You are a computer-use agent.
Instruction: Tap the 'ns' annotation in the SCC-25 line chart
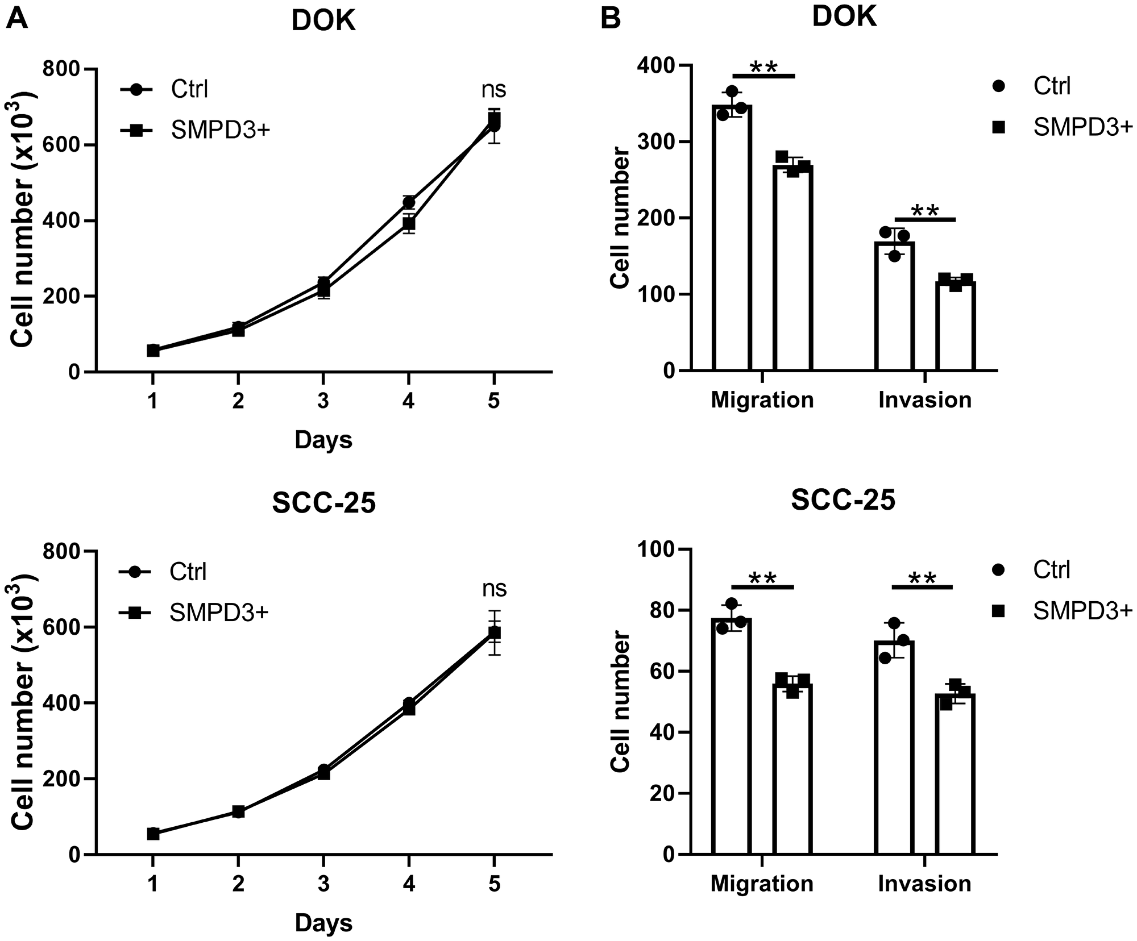tap(494, 589)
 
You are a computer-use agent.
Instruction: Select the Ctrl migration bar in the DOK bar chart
tap(732, 239)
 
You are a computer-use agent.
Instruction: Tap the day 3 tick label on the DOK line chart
tap(323, 402)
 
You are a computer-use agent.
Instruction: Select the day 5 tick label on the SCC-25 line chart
tap(494, 885)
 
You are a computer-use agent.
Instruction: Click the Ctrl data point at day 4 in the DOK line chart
tap(408, 202)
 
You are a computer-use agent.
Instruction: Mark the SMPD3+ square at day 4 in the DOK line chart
tap(408, 223)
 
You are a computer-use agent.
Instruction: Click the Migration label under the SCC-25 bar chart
tap(762, 884)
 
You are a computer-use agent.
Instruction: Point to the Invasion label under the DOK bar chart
tap(925, 400)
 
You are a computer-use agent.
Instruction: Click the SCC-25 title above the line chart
tap(323, 503)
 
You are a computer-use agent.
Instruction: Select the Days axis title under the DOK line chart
tap(323, 440)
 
